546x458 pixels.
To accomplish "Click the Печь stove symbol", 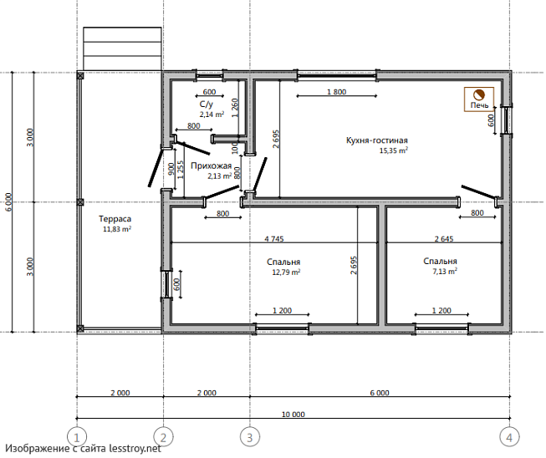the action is pos(479,99).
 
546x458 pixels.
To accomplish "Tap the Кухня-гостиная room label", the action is pos(377,140).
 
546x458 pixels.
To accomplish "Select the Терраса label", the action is pos(115,219).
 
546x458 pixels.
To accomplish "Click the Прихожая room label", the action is pos(211,166).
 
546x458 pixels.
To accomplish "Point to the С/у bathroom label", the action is pos(207,104).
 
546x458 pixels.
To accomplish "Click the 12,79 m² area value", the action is pos(286,272).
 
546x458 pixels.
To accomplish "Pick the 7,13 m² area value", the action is pos(445,271).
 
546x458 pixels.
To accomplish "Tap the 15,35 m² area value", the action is pos(394,150).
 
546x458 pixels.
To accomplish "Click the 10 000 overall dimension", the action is pos(293,415).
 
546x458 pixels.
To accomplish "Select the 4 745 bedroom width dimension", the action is pos(274,239).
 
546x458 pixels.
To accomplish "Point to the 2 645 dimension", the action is pos(444,239).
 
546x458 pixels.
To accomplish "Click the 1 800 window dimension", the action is pos(337,92).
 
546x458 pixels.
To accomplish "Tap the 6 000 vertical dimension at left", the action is pos(9,202).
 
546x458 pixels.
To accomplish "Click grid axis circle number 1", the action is pos(77,436).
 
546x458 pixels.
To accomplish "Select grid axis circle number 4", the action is pos(509,436).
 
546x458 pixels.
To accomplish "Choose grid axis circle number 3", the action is pos(250,436).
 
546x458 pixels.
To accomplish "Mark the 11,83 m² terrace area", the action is pos(117,229).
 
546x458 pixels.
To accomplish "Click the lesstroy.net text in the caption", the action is pos(135,448).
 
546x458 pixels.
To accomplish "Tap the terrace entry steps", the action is pos(122,48).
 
